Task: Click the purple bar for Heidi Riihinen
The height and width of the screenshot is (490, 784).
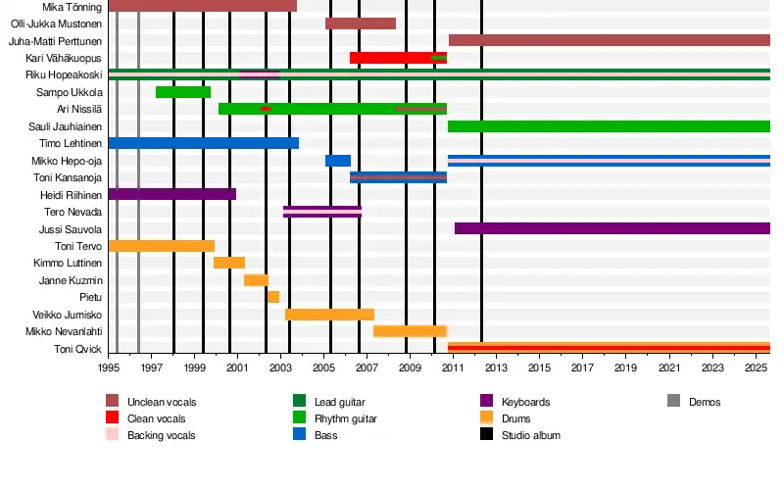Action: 171,194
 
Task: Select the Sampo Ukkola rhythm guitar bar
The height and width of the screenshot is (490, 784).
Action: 183,92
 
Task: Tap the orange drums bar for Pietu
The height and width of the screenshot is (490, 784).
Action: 273,297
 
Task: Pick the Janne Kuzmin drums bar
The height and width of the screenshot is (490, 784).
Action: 256,280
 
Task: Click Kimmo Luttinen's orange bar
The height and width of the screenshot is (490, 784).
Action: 229,263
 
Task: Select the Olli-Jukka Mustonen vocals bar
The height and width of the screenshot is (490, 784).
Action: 361,24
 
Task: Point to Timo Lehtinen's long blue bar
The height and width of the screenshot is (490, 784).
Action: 203,143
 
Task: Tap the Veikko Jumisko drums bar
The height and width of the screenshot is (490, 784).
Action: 329,315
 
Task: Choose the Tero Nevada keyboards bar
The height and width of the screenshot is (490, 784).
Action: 322,212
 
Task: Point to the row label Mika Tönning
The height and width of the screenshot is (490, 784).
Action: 73,7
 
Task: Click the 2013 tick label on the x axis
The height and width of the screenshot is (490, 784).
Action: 497,368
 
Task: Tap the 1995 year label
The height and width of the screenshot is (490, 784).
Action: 109,368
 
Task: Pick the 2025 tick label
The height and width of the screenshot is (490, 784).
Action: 756,368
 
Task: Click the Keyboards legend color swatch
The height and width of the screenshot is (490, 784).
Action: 486,402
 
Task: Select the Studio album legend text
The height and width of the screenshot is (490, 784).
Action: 530,435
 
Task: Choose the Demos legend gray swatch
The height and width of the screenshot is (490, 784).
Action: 673,402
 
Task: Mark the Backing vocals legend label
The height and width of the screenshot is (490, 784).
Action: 161,435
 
